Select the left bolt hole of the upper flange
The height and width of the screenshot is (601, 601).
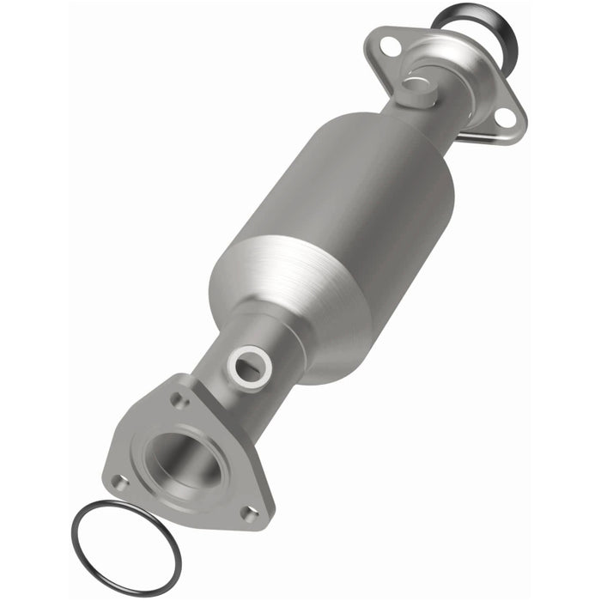coord(390,47)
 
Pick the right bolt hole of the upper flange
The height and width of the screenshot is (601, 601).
coord(506,117)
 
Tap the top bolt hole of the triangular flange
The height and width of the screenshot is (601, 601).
coord(180,399)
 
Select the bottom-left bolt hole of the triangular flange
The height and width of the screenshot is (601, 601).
coord(121,483)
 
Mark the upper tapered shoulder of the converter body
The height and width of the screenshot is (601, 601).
coord(404,137)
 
